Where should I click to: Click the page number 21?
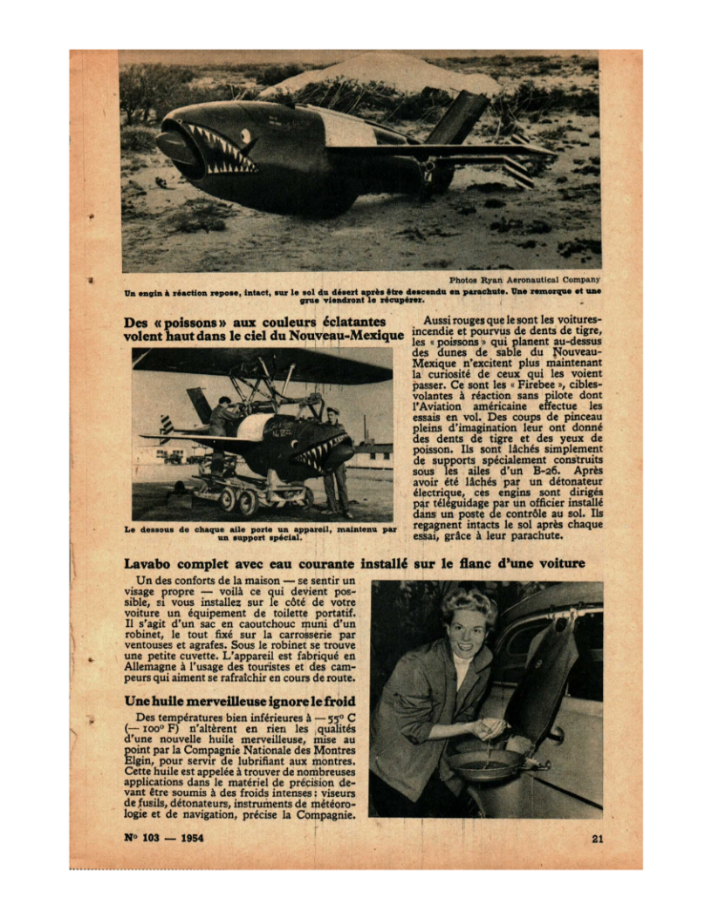(x=598, y=840)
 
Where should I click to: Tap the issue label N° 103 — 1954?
(x=158, y=840)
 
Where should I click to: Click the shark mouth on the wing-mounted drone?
(x=320, y=453)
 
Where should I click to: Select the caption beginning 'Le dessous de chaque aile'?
(x=260, y=532)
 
